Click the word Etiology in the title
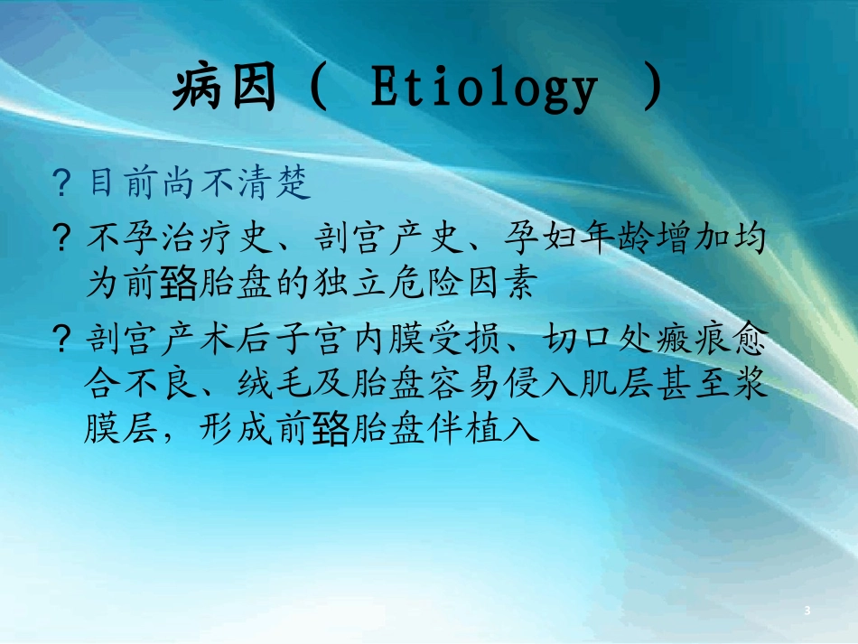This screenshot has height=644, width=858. [484, 91]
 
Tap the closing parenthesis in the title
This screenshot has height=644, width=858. [652, 89]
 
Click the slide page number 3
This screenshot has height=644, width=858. [807, 611]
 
